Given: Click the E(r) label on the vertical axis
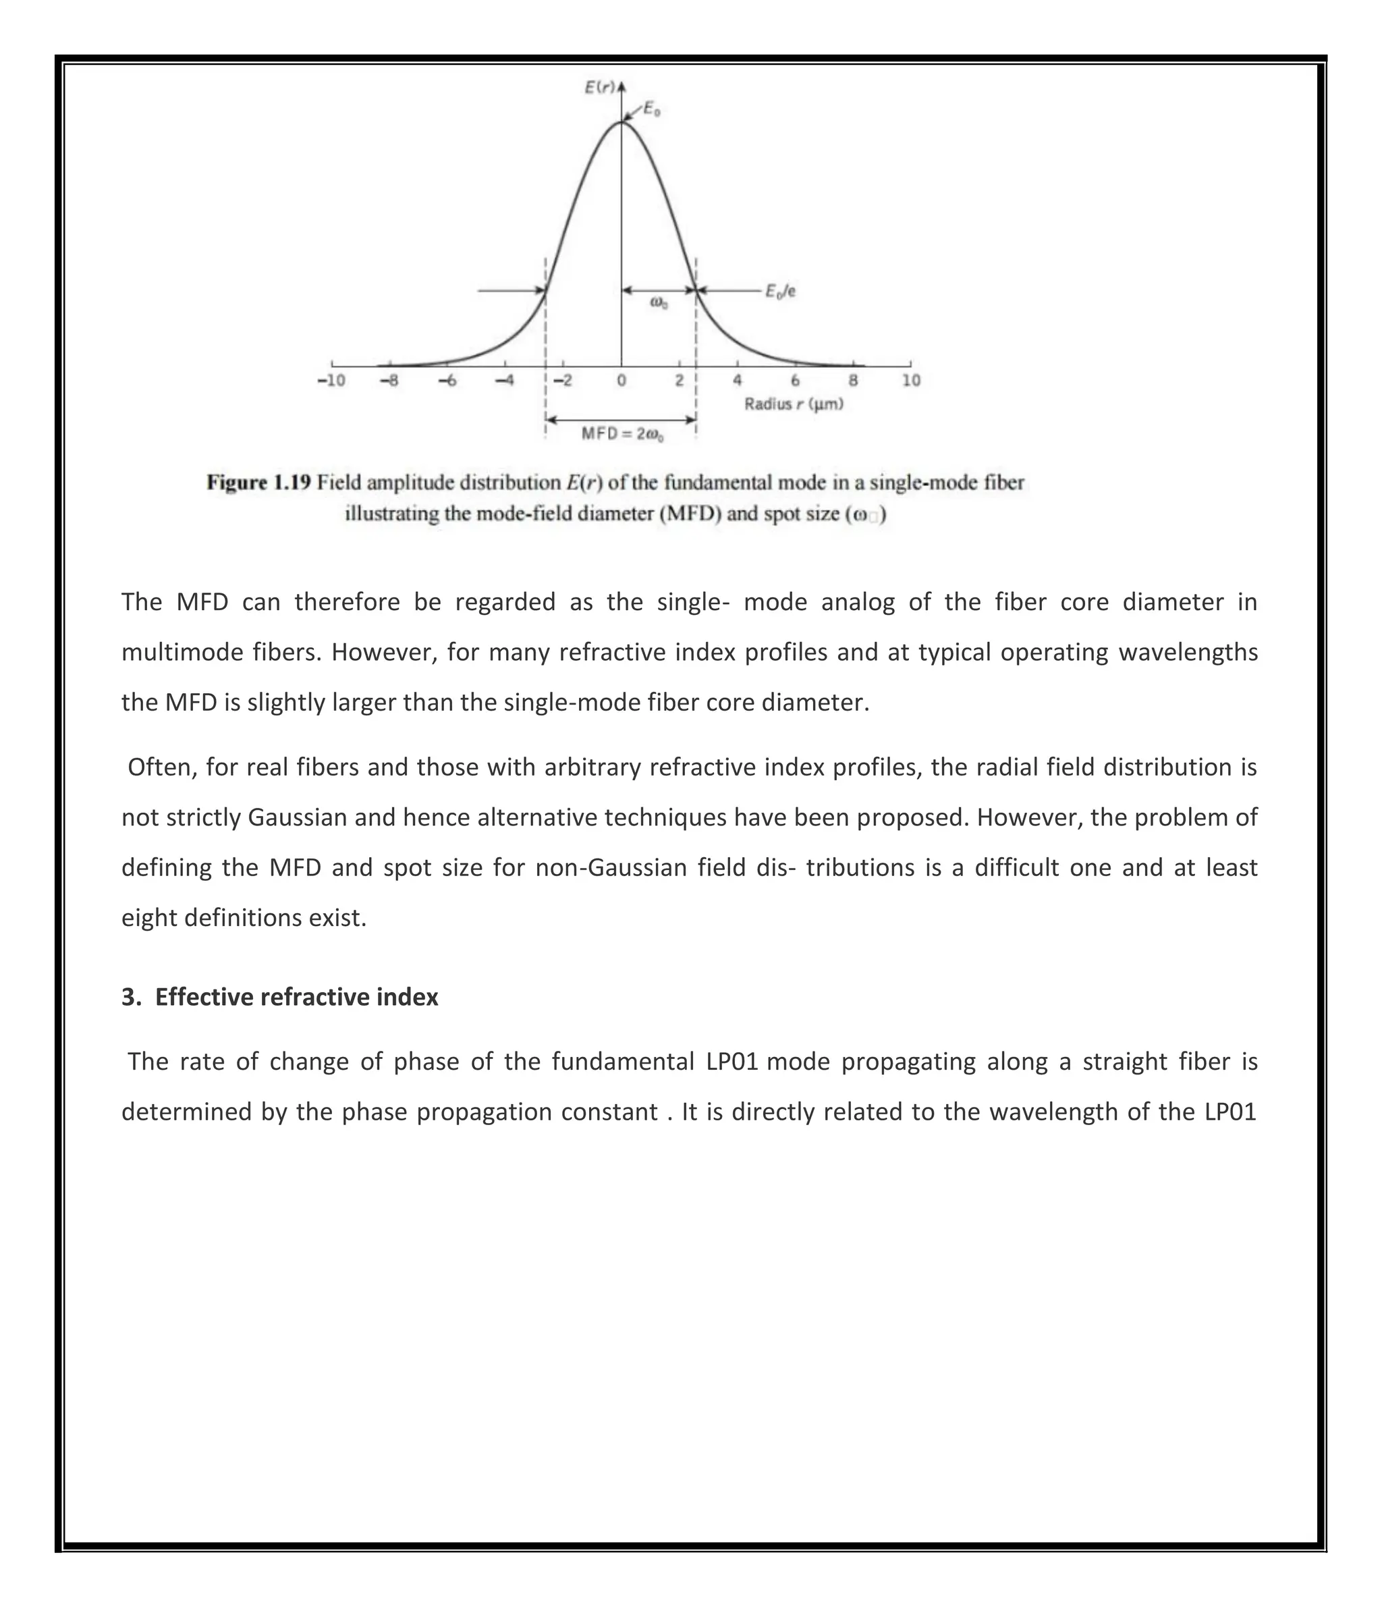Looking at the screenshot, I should pos(599,87).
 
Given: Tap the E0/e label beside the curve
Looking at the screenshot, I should pos(780,292).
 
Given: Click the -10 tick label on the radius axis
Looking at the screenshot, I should pos(331,381).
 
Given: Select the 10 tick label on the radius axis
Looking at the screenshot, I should pos(911,381).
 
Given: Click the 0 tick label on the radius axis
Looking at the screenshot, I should pos(621,381).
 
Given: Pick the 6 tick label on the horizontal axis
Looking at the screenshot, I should pos(795,381).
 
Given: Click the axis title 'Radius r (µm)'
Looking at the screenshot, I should pos(794,404).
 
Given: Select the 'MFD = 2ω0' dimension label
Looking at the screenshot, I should pos(622,435).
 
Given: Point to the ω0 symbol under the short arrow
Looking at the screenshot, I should pos(658,303).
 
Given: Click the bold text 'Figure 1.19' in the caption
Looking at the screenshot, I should pos(258,483).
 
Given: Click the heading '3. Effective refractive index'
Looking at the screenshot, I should pos(280,997).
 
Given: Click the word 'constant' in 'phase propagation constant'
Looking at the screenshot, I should pos(609,1112).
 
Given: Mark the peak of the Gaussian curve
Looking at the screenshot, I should pos(621,121).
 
